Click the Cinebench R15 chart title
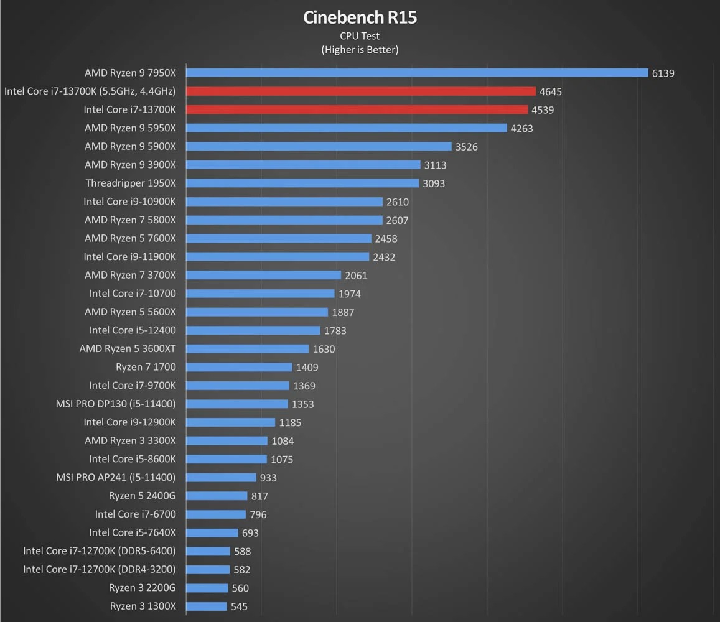point(360,17)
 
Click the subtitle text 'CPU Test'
point(360,36)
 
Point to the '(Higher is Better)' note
point(360,50)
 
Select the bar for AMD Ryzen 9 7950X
point(417,73)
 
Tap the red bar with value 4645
point(361,91)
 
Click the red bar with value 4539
point(357,109)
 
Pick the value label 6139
point(663,73)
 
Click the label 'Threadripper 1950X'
point(131,183)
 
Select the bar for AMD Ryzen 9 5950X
point(347,128)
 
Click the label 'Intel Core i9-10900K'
point(129,202)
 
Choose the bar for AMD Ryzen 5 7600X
point(278,238)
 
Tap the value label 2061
point(357,276)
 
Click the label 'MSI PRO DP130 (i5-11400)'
point(116,404)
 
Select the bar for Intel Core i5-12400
point(253,330)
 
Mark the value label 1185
point(290,423)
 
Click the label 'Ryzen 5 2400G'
point(142,496)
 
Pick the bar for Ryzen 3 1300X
point(207,606)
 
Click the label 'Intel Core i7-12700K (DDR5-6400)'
point(100,551)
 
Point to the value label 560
point(240,588)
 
